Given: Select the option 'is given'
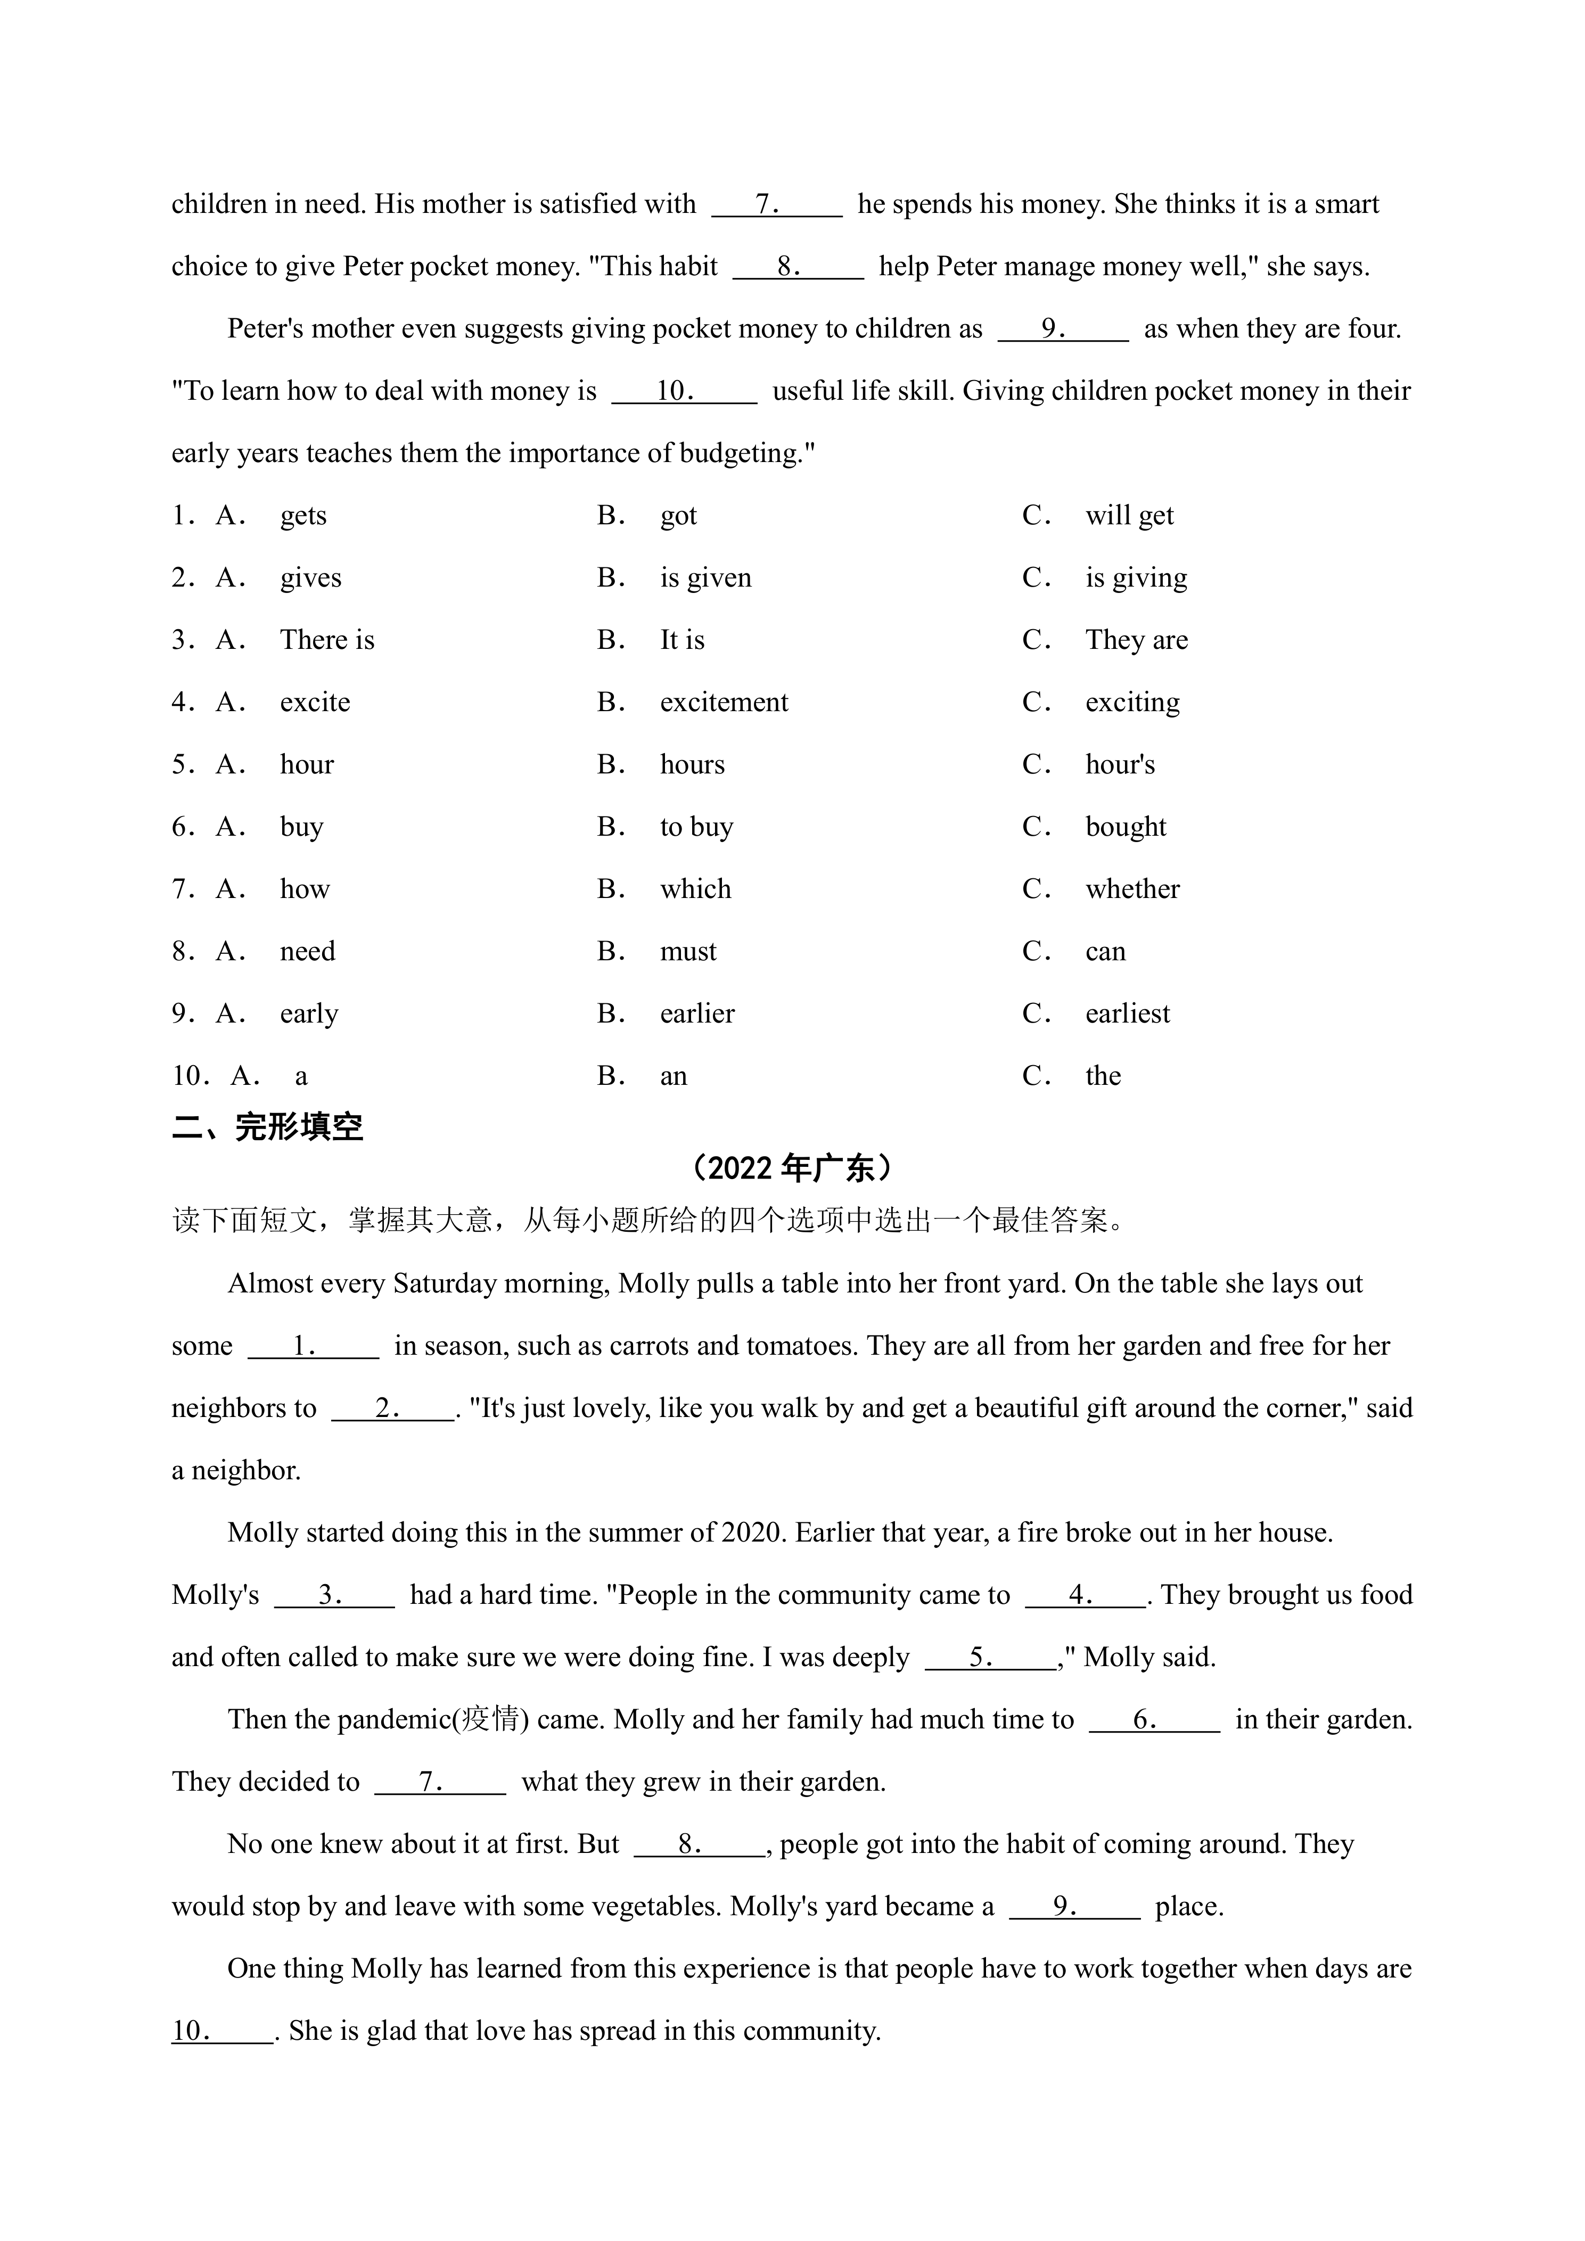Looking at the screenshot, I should [705, 578].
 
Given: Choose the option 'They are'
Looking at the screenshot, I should [1136, 640].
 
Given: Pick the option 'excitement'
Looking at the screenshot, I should [723, 703].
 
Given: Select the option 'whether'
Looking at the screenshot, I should [1132, 889].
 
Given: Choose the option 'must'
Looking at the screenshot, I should [688, 952].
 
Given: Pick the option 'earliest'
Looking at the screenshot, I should [1127, 1014].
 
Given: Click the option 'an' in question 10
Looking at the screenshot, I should [674, 1076].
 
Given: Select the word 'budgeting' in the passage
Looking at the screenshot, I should [740, 454].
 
